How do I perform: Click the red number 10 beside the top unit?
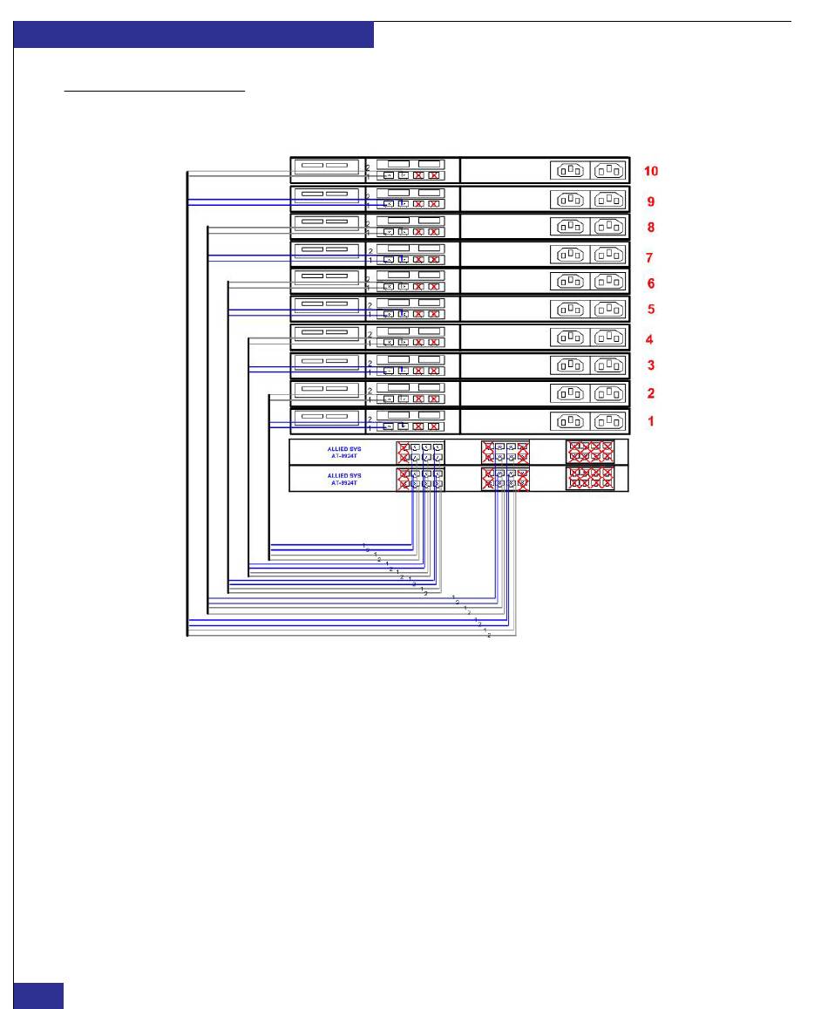(650, 171)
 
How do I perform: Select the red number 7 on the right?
(649, 258)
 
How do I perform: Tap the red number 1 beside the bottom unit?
(649, 420)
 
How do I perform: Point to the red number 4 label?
(649, 340)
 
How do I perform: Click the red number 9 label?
(649, 201)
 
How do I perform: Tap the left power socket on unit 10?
(570, 171)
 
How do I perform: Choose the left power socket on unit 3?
(570, 366)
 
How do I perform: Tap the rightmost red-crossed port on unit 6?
(433, 287)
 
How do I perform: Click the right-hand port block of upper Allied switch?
(590, 452)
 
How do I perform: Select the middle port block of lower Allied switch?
(506, 479)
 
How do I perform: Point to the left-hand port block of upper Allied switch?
(420, 452)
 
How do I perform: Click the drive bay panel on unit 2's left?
(326, 390)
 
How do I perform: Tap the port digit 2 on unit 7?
(370, 249)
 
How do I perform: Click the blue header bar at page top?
(193, 35)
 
